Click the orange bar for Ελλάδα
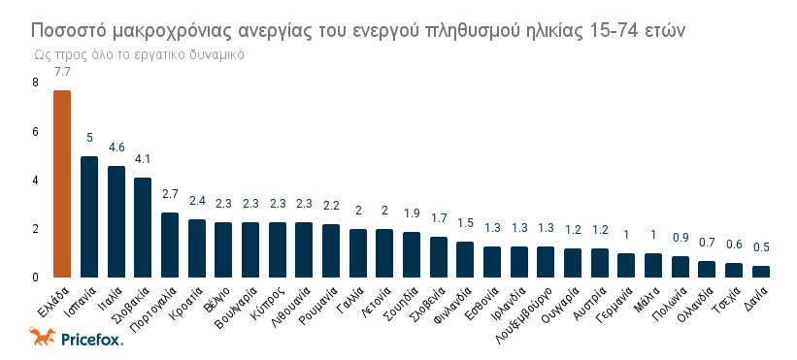click(x=62, y=183)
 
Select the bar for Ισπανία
click(x=89, y=216)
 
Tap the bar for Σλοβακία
click(x=143, y=227)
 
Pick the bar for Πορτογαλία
click(x=170, y=245)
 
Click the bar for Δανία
click(x=761, y=272)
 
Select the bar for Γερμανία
click(x=626, y=266)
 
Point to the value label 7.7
click(x=62, y=72)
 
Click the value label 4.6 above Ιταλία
click(x=116, y=147)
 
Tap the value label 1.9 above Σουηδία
click(x=412, y=213)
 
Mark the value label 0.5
click(x=761, y=247)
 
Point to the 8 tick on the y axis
click(x=35, y=82)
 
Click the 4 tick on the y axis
click(x=35, y=180)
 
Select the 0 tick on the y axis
click(x=35, y=278)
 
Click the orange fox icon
click(x=42, y=337)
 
